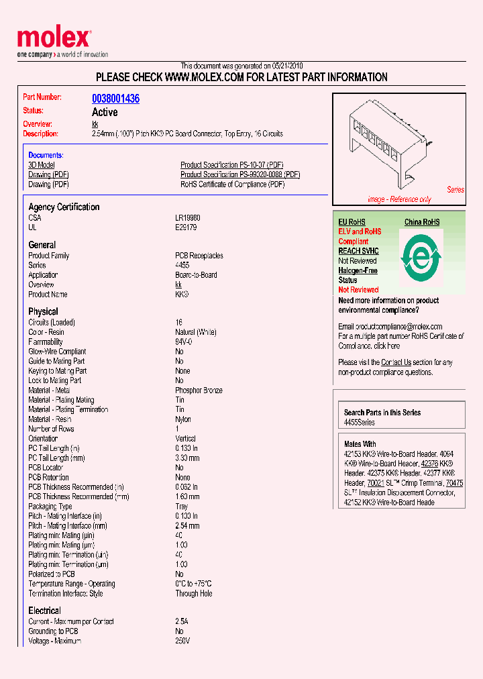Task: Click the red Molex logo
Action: pyautogui.click(x=53, y=38)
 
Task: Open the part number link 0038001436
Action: pyautogui.click(x=115, y=99)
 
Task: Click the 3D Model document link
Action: pyautogui.click(x=42, y=165)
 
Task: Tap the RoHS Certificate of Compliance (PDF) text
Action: pyautogui.click(x=232, y=185)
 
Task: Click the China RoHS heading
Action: pyautogui.click(x=422, y=222)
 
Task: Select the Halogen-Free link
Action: pyautogui.click(x=358, y=270)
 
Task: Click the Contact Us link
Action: pyautogui.click(x=396, y=362)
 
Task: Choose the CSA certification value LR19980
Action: pyautogui.click(x=188, y=218)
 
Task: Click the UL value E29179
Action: pyautogui.click(x=186, y=227)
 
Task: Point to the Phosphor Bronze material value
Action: pyautogui.click(x=199, y=390)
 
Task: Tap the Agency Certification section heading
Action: pyautogui.click(x=64, y=207)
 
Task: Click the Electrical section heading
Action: pyautogui.click(x=44, y=611)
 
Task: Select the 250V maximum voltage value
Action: pyautogui.click(x=182, y=641)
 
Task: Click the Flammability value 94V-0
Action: pyautogui.click(x=184, y=342)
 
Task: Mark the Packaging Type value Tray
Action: pyautogui.click(x=182, y=507)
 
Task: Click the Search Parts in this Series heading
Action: pyautogui.click(x=382, y=413)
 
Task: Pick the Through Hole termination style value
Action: pyautogui.click(x=194, y=594)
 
